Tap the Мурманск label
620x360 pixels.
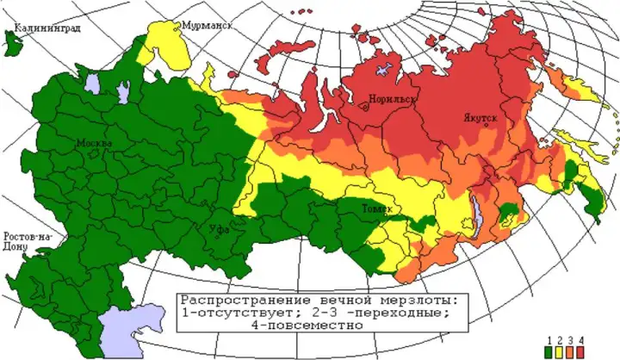click(x=208, y=27)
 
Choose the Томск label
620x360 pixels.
click(x=378, y=209)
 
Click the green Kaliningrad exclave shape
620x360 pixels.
click(x=13, y=42)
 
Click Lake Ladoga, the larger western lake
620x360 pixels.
click(x=93, y=83)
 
